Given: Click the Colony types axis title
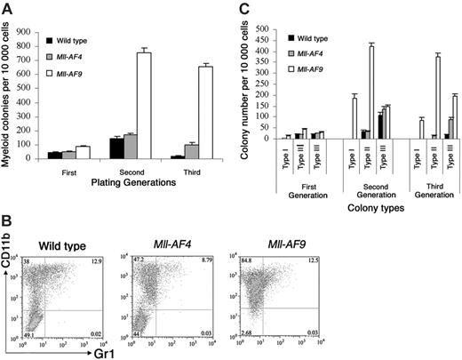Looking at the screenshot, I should click(x=364, y=179).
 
